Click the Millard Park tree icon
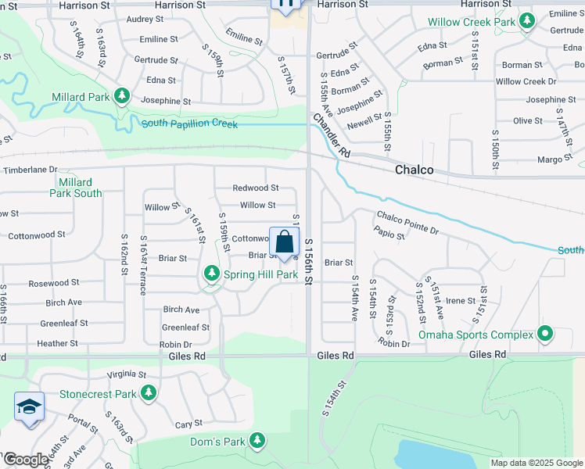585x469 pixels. tap(121, 96)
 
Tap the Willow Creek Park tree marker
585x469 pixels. tap(527, 20)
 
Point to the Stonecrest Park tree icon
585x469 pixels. tap(147, 393)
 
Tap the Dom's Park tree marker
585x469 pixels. tap(258, 442)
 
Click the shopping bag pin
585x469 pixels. tap(285, 243)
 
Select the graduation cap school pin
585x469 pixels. tap(29, 407)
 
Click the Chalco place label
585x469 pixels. tap(414, 170)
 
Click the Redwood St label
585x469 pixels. tap(256, 188)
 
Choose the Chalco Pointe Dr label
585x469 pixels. tap(407, 223)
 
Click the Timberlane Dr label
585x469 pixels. tap(31, 169)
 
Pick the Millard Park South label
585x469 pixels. tap(76, 187)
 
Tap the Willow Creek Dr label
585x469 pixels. tap(526, 81)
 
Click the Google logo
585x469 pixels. tap(25, 460)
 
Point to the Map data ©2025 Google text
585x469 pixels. tap(536, 463)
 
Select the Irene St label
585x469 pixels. tap(461, 300)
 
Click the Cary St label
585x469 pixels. tap(184, 424)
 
